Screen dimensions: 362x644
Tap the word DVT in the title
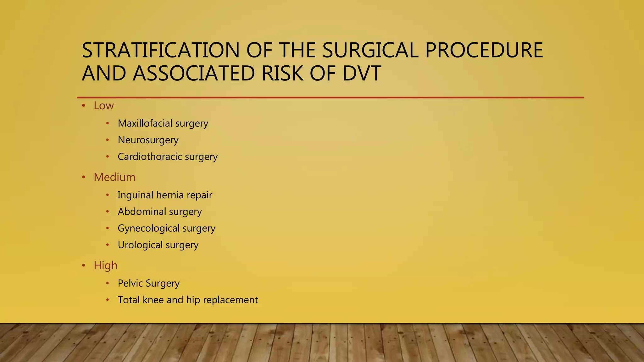point(362,74)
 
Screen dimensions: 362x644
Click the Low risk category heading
point(103,106)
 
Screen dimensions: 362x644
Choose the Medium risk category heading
point(114,178)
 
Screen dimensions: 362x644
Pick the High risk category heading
point(105,266)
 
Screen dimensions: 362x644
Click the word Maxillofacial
point(145,123)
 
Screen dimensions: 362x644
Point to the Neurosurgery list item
point(148,140)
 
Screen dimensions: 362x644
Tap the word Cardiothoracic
point(150,156)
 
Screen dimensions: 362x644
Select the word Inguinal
point(135,195)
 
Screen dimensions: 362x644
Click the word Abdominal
point(142,212)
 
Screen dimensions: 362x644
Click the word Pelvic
point(130,283)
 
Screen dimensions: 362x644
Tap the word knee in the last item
point(153,300)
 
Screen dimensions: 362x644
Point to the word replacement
point(230,300)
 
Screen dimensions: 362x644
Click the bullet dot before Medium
point(84,178)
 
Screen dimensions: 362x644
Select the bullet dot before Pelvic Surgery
point(108,283)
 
